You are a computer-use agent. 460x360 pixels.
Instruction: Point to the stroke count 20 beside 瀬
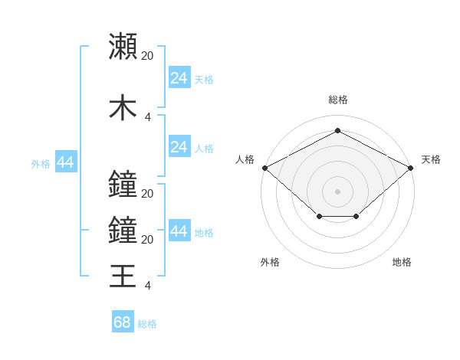pyautogui.click(x=148, y=55)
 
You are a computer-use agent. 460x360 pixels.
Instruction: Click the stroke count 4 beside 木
pyautogui.click(x=148, y=116)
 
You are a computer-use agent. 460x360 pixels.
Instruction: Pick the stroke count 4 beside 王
pyautogui.click(x=148, y=286)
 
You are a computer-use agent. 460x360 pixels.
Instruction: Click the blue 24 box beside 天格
pyautogui.click(x=179, y=78)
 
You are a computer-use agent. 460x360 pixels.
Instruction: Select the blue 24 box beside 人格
pyautogui.click(x=179, y=148)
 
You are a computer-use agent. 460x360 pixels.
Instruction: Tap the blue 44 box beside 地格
pyautogui.click(x=179, y=232)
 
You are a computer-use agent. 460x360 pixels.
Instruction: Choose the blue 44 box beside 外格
pyautogui.click(x=65, y=162)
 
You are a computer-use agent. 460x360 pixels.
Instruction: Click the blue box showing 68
pyautogui.click(x=123, y=323)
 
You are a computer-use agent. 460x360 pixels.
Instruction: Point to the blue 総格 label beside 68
pyautogui.click(x=148, y=324)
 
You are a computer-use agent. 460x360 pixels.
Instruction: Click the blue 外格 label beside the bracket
pyautogui.click(x=41, y=163)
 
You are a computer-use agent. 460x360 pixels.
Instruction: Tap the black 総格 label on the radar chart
pyautogui.click(x=337, y=100)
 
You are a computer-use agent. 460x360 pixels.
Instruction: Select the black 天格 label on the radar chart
pyautogui.click(x=431, y=159)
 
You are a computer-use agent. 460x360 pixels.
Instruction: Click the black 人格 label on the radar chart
pyautogui.click(x=245, y=159)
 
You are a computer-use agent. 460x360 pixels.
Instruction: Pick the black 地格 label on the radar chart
pyautogui.click(x=402, y=262)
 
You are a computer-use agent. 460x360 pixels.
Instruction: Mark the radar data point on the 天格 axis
pyautogui.click(x=411, y=168)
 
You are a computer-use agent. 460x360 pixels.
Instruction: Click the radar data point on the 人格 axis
pyautogui.click(x=264, y=168)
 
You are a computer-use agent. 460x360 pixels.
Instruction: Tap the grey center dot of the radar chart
pyautogui.click(x=337, y=191)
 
